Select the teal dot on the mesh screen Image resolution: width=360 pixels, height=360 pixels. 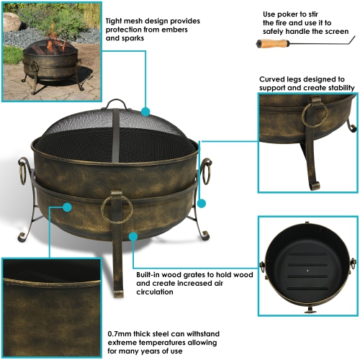(x=145, y=112)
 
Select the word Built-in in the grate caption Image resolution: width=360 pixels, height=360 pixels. (x=152, y=274)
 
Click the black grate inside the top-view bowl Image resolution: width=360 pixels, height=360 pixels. (x=307, y=270)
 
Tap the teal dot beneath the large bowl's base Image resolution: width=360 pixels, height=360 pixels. (x=132, y=235)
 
